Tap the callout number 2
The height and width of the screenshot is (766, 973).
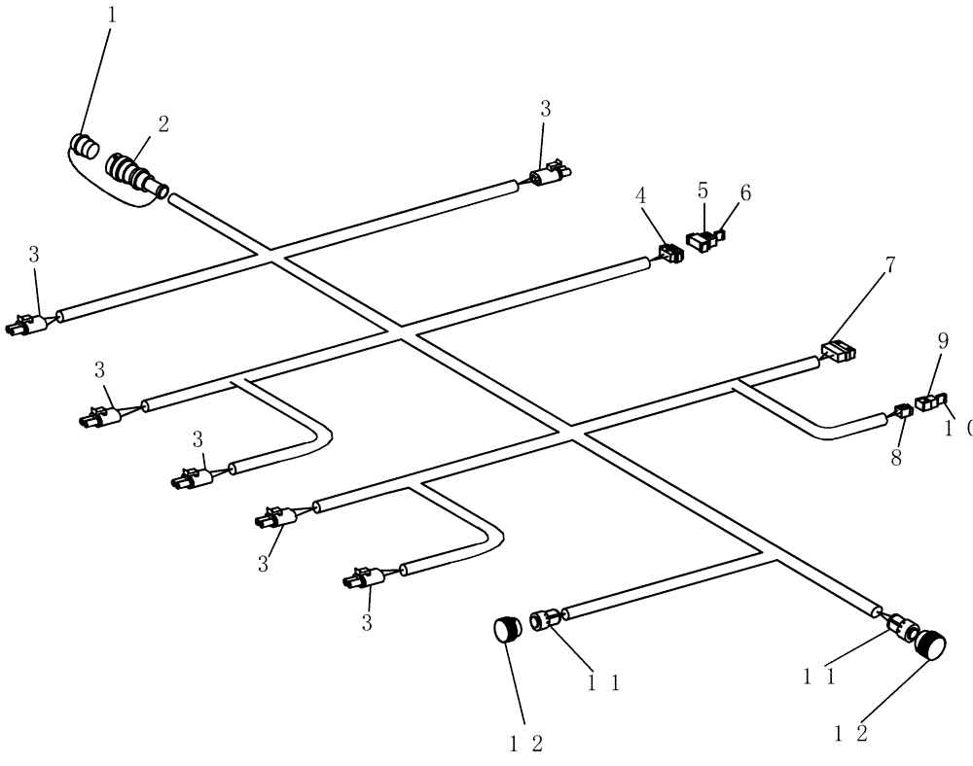163,123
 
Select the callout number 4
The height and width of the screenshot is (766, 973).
641,195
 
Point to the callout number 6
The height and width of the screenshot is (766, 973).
745,192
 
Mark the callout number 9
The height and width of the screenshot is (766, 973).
942,341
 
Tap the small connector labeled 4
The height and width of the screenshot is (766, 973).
670,255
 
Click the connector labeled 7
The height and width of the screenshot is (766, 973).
838,351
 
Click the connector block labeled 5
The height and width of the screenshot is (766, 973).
702,240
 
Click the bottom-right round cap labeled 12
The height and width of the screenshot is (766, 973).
931,645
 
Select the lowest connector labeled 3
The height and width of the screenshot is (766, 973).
361,580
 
